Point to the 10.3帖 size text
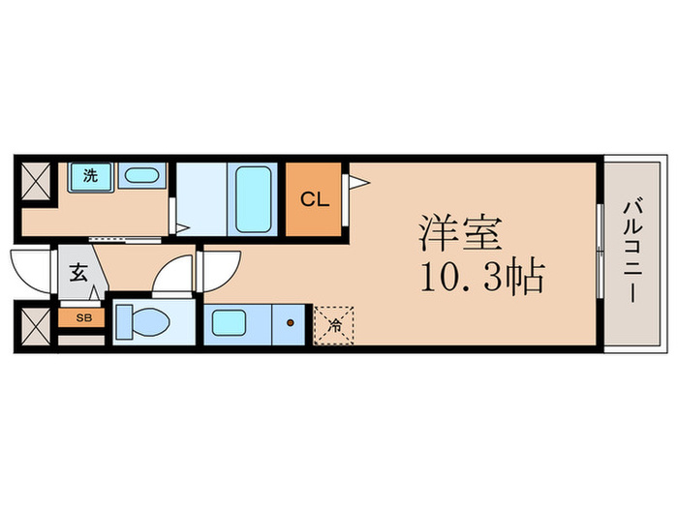tap(480, 279)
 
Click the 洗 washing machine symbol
tap(90, 176)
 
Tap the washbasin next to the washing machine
tap(143, 176)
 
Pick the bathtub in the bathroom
tap(254, 198)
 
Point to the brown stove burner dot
tap(291, 320)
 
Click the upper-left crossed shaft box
tap(37, 180)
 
